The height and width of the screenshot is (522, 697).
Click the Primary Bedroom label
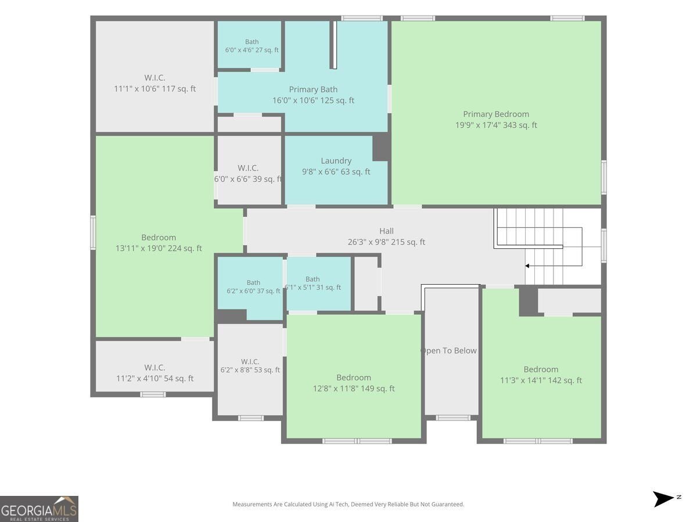495,114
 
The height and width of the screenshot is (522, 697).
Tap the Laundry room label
336,161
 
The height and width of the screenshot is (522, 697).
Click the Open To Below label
448,350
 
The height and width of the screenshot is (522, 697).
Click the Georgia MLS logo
39,509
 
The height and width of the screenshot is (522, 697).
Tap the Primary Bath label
313,89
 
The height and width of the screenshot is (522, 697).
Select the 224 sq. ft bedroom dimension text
159,248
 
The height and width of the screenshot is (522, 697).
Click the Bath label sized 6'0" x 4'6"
252,42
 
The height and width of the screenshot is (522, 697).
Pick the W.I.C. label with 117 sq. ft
155,78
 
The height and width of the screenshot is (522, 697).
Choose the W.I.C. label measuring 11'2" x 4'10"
155,368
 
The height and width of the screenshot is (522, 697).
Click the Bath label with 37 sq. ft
253,282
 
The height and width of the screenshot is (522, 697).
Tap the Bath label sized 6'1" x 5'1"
312,279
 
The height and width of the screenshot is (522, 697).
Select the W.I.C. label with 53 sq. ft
250,361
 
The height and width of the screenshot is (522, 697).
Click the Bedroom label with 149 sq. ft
354,378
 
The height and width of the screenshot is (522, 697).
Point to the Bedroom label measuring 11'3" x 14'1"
541,369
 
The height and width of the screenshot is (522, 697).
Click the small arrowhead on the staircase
527,266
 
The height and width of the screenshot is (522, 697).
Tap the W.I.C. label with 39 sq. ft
248,168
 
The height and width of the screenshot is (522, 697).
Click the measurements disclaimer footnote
348,504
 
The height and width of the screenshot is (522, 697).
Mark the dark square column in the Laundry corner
382,147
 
